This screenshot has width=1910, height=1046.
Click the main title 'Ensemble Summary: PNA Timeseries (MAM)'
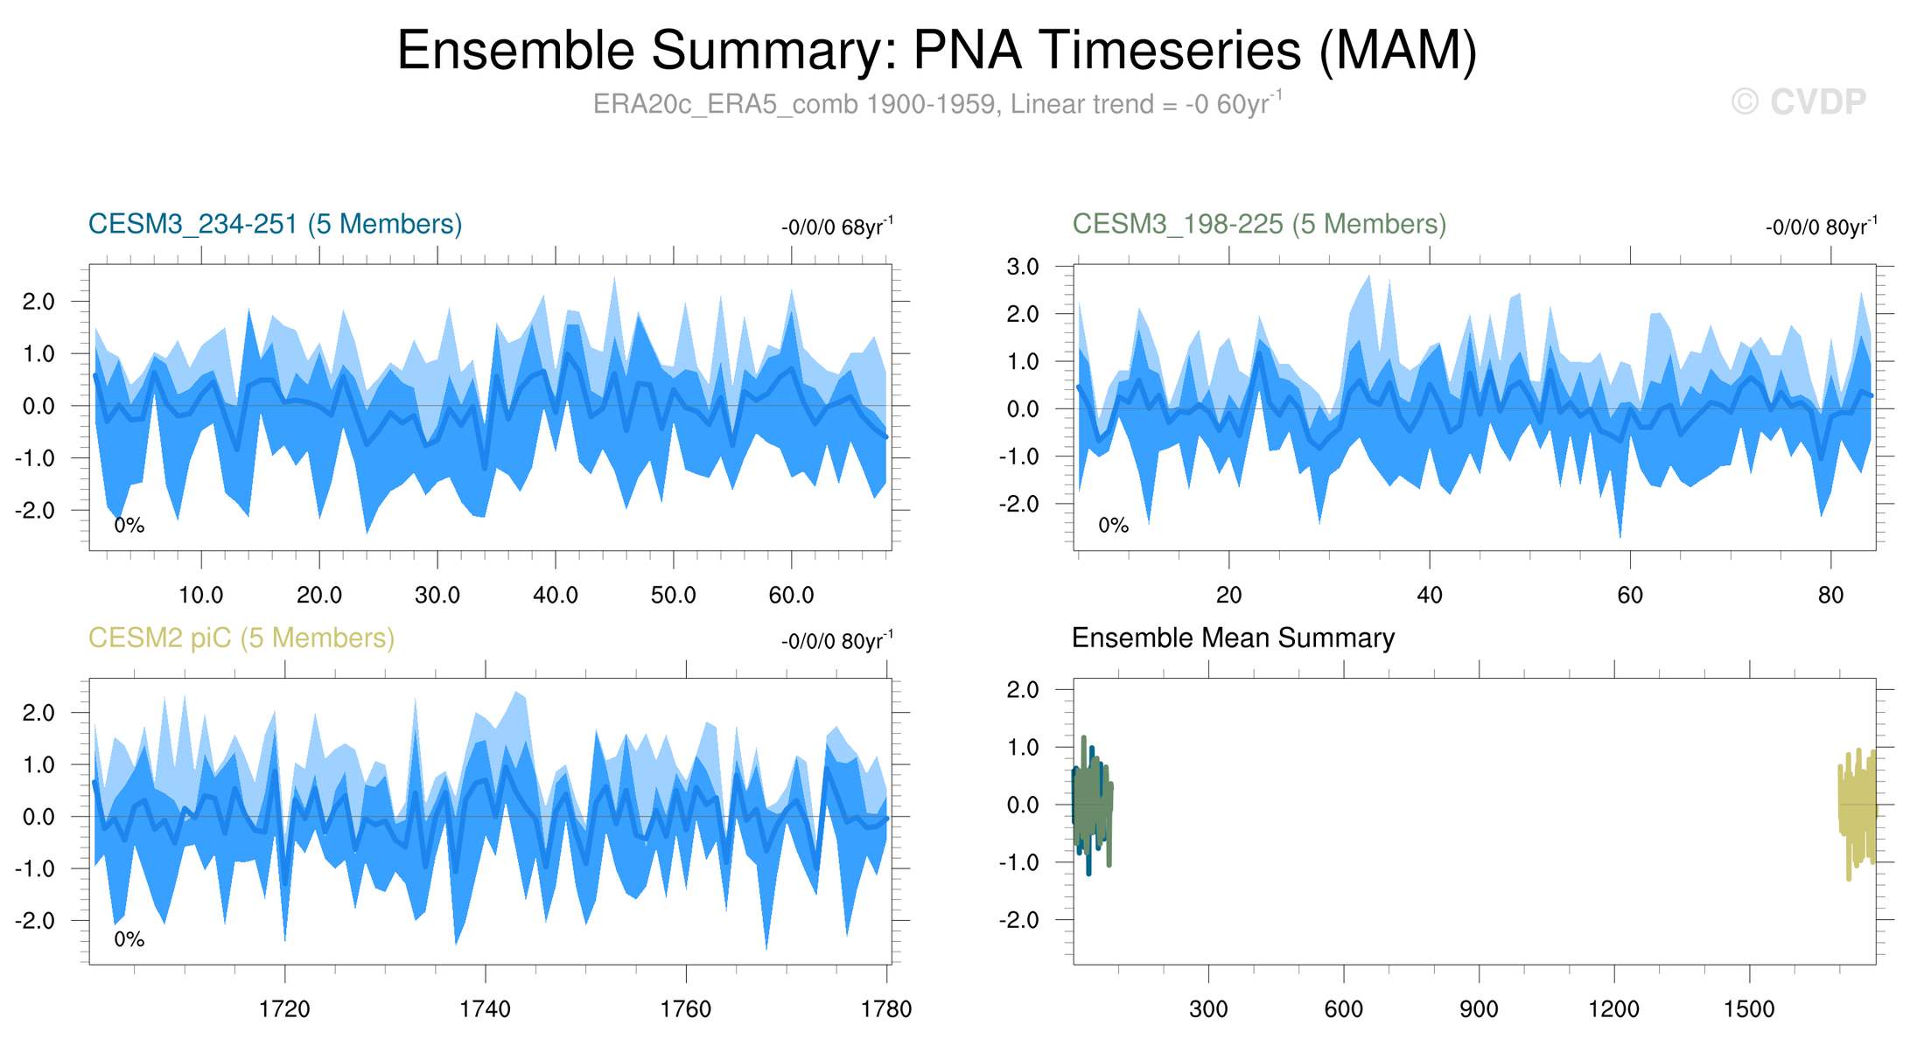click(937, 50)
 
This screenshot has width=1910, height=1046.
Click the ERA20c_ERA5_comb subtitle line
click(937, 104)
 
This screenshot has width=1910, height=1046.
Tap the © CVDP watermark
click(1799, 102)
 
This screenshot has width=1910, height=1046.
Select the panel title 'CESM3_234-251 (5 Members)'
click(275, 224)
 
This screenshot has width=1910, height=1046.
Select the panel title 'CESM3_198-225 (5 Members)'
click(1259, 224)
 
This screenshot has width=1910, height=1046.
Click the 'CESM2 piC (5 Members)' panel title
click(241, 638)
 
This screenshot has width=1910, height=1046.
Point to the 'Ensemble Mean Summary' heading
click(1233, 638)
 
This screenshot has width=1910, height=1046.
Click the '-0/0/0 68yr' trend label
click(836, 227)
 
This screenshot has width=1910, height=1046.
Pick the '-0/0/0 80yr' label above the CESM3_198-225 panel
click(1821, 227)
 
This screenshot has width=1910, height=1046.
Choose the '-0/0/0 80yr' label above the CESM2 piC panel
click(836, 641)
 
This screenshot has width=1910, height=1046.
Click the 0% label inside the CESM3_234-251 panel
click(129, 525)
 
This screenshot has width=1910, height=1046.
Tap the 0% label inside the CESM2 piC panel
click(129, 939)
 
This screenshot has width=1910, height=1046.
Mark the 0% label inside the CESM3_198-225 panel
click(1113, 525)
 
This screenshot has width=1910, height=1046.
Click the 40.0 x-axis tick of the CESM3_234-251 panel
click(556, 596)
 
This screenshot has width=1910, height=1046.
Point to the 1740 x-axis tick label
click(485, 1009)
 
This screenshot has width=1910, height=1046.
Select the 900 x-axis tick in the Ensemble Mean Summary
click(1479, 1009)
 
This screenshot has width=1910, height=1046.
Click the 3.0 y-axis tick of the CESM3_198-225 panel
click(1023, 267)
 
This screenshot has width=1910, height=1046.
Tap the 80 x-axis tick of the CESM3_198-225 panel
click(1830, 596)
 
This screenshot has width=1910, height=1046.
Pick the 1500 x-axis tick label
click(1749, 1009)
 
